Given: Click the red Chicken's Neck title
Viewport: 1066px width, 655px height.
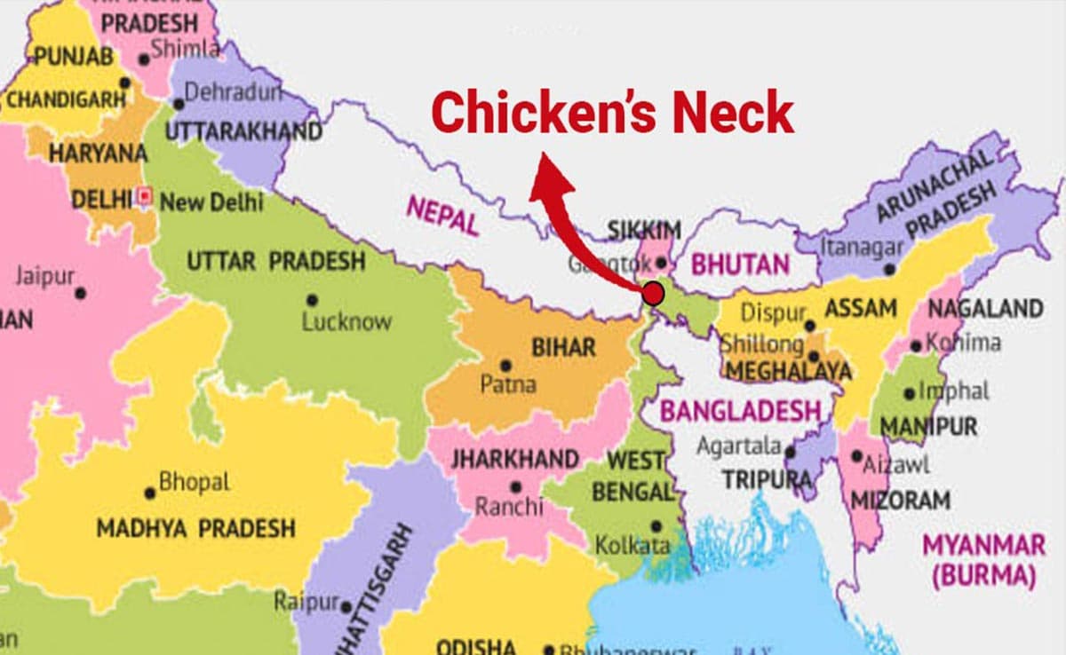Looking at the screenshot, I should pyautogui.click(x=613, y=114).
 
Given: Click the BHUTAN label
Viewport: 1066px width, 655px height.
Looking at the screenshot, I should pyautogui.click(x=740, y=264).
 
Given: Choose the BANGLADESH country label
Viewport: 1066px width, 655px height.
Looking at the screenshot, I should pyautogui.click(x=741, y=411).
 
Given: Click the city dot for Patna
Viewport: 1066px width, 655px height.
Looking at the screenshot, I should pyautogui.click(x=505, y=365).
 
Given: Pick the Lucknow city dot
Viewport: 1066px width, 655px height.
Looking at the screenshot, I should pyautogui.click(x=312, y=300).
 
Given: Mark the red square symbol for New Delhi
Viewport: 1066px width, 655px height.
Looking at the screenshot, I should pyautogui.click(x=147, y=195).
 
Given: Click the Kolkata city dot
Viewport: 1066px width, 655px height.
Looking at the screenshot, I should pyautogui.click(x=656, y=525).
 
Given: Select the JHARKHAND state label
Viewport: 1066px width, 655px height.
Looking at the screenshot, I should pyautogui.click(x=514, y=460).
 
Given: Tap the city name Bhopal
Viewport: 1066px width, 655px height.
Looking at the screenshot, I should pyautogui.click(x=194, y=483).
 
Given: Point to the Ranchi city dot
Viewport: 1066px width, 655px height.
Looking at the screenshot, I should pyautogui.click(x=516, y=486).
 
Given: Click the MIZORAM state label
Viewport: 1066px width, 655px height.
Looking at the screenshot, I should pyautogui.click(x=900, y=500).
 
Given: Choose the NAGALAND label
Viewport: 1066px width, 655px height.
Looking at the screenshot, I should pyautogui.click(x=984, y=309).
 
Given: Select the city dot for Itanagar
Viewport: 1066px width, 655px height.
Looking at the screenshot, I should pyautogui.click(x=889, y=268).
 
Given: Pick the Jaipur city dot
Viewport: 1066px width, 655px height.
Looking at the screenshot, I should pyautogui.click(x=81, y=292).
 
